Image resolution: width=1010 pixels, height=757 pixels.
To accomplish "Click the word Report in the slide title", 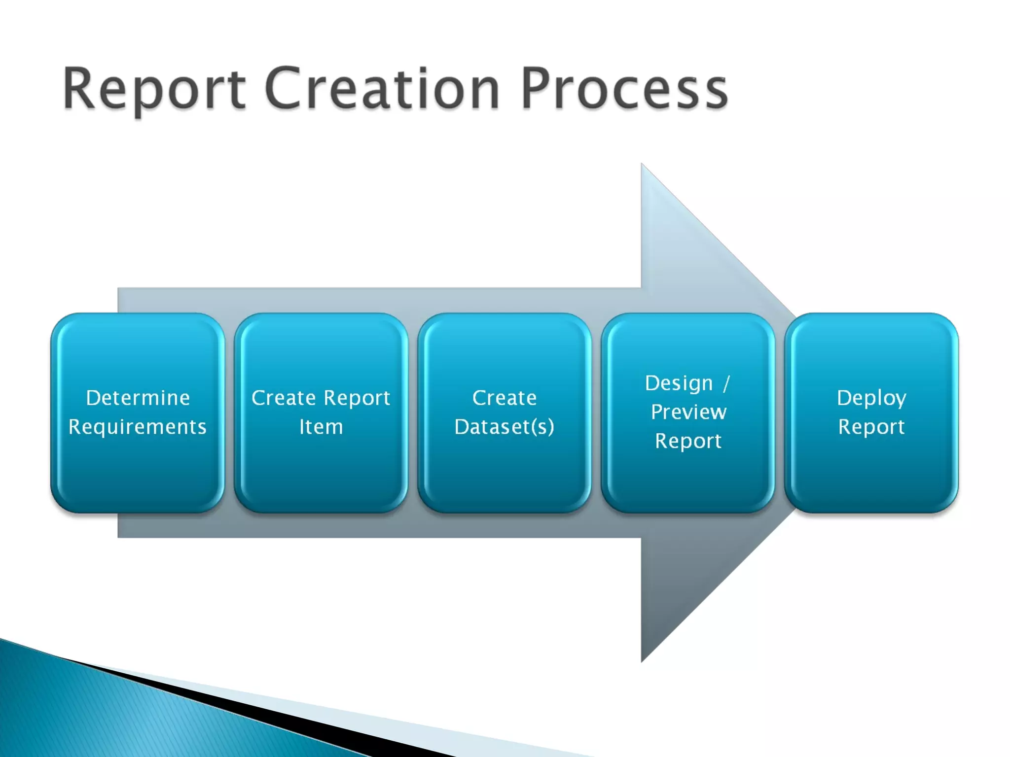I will [x=154, y=89].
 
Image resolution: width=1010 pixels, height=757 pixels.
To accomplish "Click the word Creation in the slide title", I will [x=383, y=89].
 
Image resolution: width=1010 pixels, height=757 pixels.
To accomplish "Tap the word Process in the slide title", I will [x=624, y=89].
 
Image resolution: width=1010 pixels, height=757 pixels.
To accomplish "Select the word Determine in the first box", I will [x=138, y=398].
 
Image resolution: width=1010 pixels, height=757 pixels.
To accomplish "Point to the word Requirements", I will [x=138, y=427].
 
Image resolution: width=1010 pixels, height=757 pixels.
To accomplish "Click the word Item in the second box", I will [x=321, y=427].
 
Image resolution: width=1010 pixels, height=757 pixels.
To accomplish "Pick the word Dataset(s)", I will [x=505, y=427].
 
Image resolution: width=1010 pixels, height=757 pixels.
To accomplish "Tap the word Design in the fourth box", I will [x=679, y=383].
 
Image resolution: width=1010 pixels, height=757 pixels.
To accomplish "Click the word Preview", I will [x=688, y=412].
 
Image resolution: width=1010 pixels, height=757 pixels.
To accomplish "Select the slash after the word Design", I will [x=726, y=383].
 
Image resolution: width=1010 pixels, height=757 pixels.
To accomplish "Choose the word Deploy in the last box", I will [x=871, y=398].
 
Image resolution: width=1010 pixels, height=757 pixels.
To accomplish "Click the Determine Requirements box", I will [x=138, y=473].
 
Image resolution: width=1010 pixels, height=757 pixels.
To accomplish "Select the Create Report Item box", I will [x=321, y=473].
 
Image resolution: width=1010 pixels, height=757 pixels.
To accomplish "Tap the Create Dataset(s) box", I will [x=505, y=473].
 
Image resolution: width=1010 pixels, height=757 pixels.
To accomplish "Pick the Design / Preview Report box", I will [x=688, y=478].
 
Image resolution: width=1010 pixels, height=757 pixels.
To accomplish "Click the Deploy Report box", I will [x=871, y=473].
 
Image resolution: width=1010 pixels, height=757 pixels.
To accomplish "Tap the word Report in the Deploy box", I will [x=871, y=427].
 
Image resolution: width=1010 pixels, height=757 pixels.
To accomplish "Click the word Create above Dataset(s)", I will [x=505, y=398].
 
